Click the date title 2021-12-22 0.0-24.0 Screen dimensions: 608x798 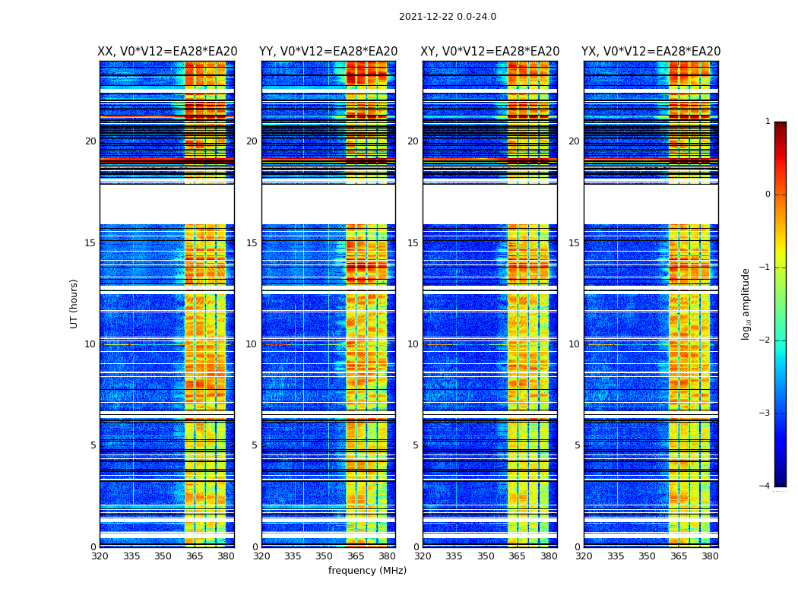[x=447, y=17]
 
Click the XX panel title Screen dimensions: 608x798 [x=167, y=52]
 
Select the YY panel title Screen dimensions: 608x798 [x=328, y=52]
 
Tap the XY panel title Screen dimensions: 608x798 [x=489, y=52]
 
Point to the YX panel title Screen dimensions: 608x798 [x=651, y=52]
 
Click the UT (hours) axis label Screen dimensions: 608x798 [x=74, y=303]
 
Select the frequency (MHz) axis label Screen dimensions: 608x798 [x=367, y=571]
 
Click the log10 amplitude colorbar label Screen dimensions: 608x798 [x=746, y=303]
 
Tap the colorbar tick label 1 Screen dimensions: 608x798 [x=768, y=122]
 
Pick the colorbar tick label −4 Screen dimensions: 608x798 [x=765, y=486]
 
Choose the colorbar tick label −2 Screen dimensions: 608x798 [x=765, y=340]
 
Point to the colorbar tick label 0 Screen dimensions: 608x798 [x=768, y=195]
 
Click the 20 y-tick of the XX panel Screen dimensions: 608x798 [x=90, y=141]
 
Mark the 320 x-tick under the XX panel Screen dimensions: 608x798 [x=100, y=556]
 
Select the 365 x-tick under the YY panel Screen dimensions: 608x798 [x=356, y=556]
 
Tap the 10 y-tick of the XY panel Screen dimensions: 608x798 [x=413, y=344]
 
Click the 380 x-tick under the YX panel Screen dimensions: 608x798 [x=710, y=556]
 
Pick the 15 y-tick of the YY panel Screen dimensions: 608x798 [x=252, y=243]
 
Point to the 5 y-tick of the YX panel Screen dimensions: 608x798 [x=577, y=445]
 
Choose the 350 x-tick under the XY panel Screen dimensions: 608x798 [x=486, y=556]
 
